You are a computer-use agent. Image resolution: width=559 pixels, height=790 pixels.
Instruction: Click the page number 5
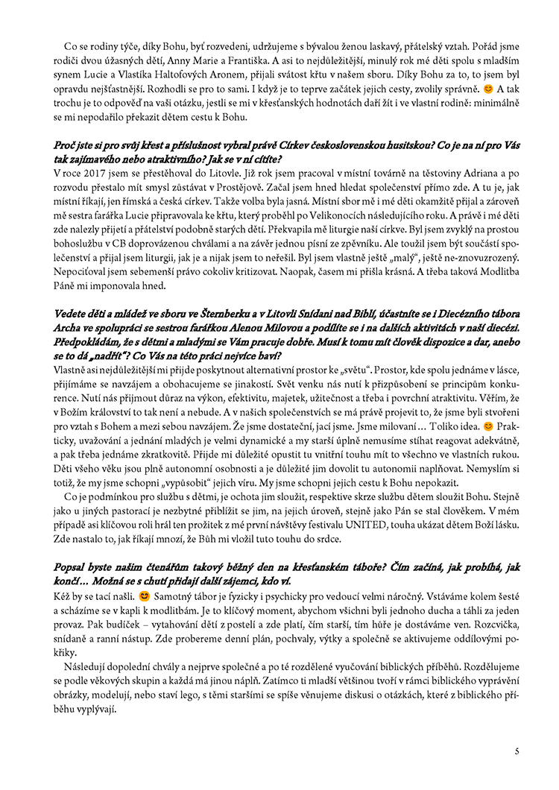coord(517,750)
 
